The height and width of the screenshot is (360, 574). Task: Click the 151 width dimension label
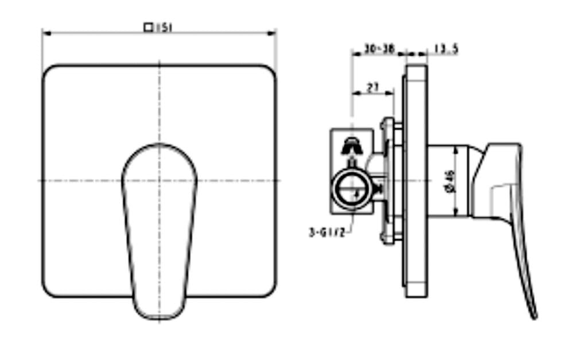[x=164, y=27]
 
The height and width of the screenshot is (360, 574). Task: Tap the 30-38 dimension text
[x=379, y=49]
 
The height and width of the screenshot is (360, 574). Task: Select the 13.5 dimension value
[x=445, y=49]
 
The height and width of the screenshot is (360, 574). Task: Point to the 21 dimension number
[x=373, y=87]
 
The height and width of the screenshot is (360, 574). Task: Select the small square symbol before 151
[x=148, y=27]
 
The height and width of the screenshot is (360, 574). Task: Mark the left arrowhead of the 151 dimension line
[x=45, y=33]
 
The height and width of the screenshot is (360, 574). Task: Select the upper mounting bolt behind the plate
[x=387, y=123]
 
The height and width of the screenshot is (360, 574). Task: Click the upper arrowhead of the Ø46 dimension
[x=456, y=149]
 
